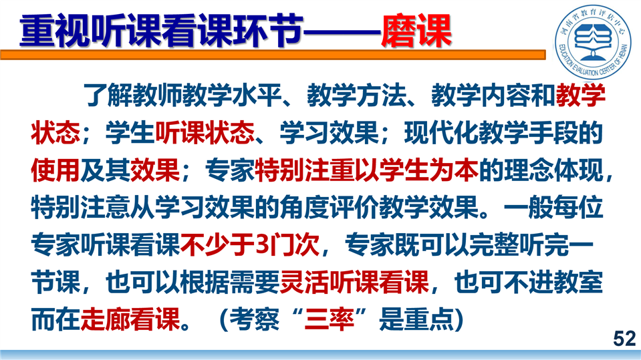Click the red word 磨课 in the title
coord(416,31)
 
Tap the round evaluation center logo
coord(593,43)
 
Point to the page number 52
coord(624,339)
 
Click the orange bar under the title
coord(273,55)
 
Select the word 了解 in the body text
coord(108,96)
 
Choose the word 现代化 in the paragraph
coord(441,133)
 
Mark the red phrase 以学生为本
coord(416,170)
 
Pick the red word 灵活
coord(305,282)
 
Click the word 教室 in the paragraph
coord(578,282)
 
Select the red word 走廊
coord(105,319)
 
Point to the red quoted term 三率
coord(329,319)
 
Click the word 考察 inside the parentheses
coord(254,319)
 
